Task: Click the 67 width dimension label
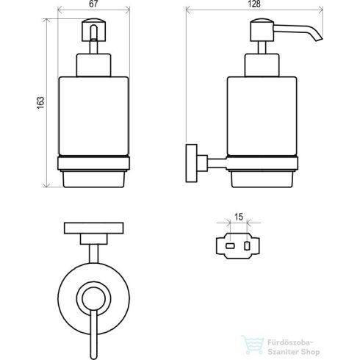[x=93, y=4]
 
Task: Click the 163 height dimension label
[x=40, y=103]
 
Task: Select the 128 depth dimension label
[x=254, y=4]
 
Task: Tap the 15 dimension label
[x=239, y=217]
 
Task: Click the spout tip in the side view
[x=319, y=39]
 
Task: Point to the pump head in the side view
[x=262, y=30]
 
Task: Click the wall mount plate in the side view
[x=191, y=163]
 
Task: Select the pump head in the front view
[x=93, y=30]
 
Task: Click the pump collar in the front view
[x=93, y=65]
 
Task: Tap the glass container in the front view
[x=93, y=116]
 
